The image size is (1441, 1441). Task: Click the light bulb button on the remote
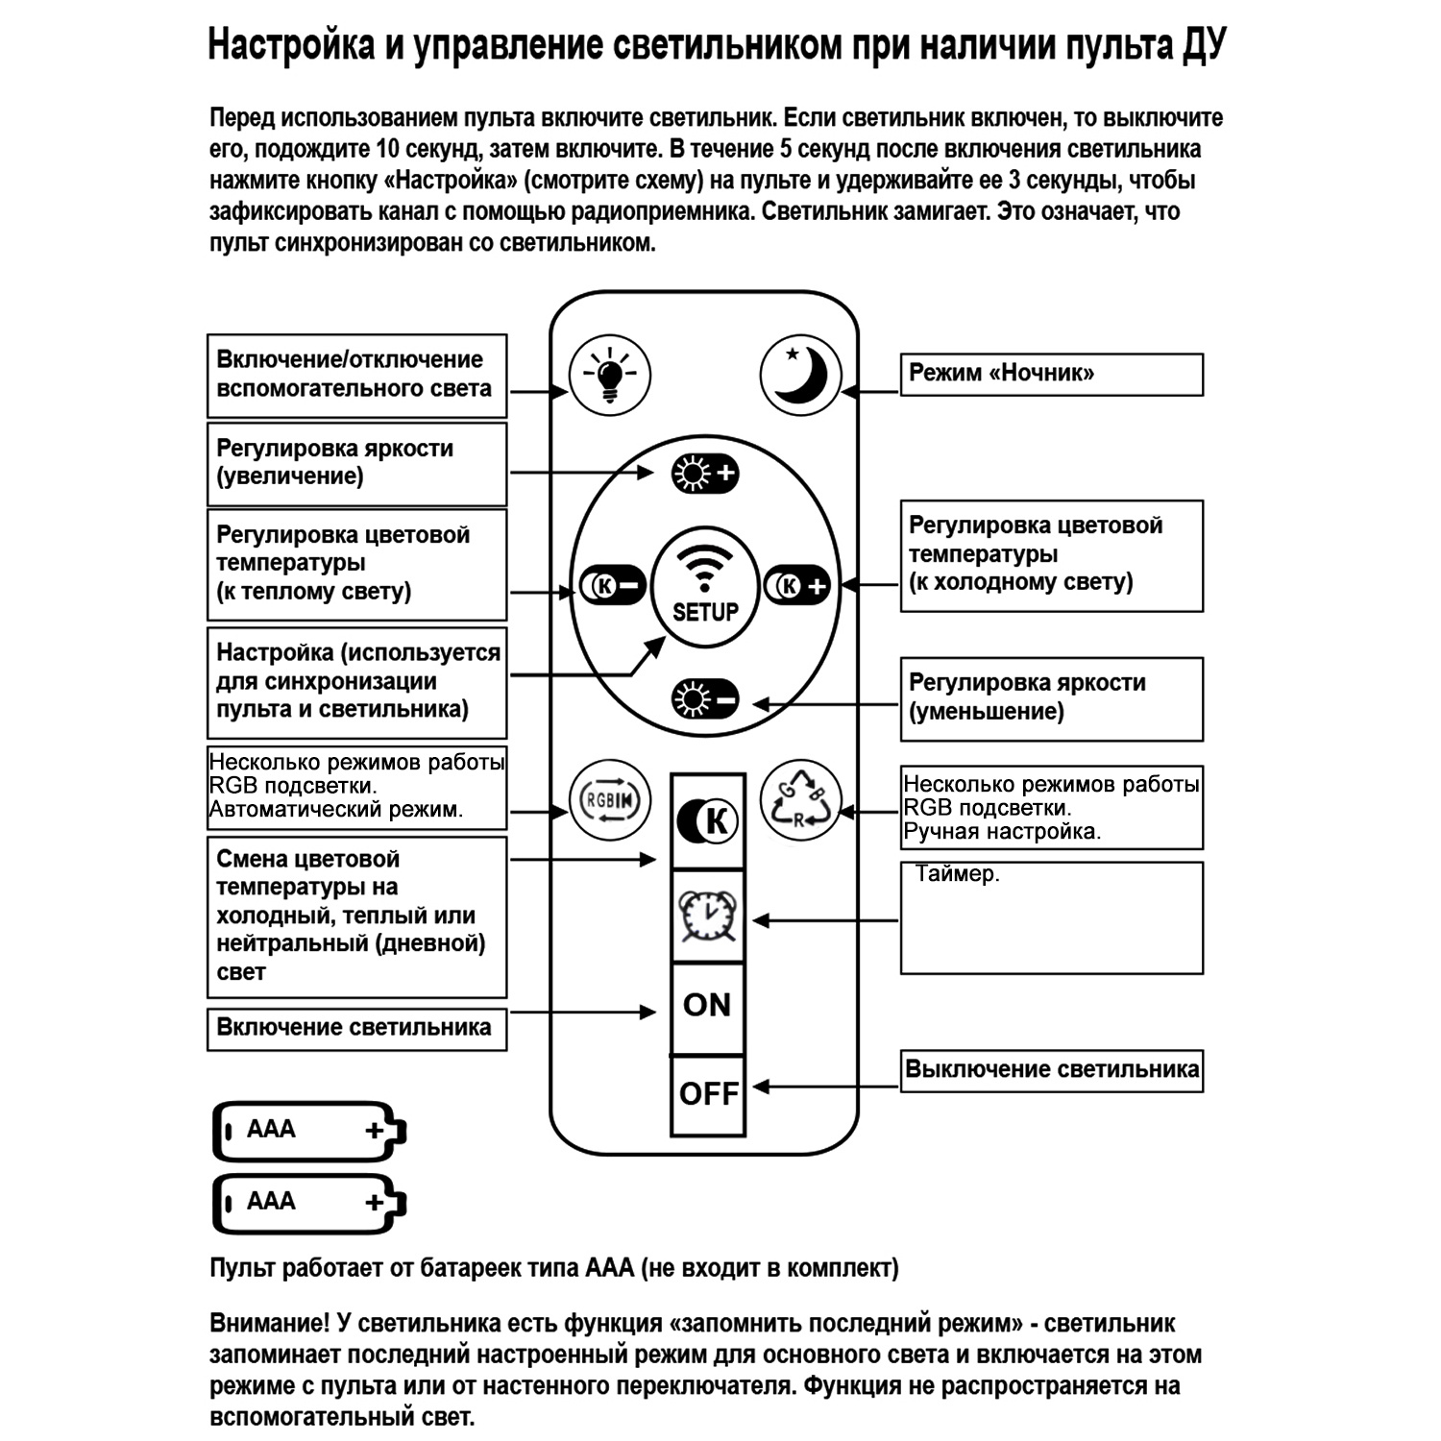pos(609,374)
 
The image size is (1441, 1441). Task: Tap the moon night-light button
pos(800,376)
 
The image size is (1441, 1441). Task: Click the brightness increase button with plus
pos(704,474)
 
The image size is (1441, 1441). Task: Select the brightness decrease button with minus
pos(705,698)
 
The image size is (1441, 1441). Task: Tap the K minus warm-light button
pos(612,585)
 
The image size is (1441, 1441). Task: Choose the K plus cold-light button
pos(797,585)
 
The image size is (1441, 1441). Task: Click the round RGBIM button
pos(610,800)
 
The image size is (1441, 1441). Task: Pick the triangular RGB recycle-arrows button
pos(800,800)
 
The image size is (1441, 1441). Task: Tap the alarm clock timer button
pos(708,917)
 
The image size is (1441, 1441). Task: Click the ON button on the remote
pos(708,1006)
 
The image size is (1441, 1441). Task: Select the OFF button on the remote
pos(708,1093)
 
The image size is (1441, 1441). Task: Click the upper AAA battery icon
pos(308,1131)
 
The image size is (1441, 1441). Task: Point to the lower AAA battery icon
pos(308,1203)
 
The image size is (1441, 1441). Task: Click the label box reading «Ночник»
pos(1051,374)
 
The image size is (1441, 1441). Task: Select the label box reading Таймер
pos(1051,917)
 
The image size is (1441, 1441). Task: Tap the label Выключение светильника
pos(1051,1070)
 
